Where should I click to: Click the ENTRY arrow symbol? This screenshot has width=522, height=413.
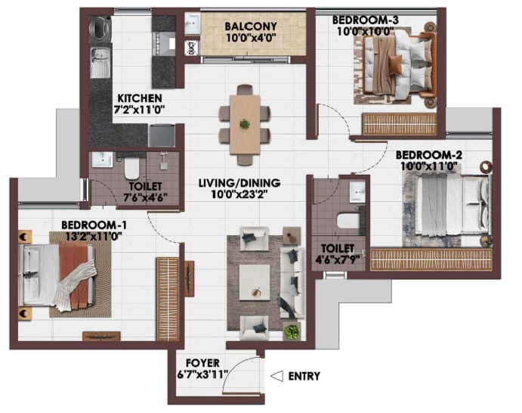click(277, 376)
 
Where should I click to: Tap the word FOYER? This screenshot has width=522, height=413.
click(202, 363)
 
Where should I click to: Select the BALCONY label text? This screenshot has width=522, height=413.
click(251, 26)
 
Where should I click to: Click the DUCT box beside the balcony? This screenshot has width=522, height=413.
click(192, 48)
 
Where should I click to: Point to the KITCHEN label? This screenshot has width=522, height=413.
click(140, 98)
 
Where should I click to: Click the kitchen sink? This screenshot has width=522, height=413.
click(100, 62)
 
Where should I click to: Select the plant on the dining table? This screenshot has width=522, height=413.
click(245, 124)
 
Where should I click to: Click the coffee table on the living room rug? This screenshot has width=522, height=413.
click(255, 282)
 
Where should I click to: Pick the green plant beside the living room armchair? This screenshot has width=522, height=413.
click(292, 331)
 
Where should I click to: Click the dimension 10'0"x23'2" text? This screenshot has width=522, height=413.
click(239, 194)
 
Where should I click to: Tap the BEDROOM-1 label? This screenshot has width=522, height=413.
click(94, 225)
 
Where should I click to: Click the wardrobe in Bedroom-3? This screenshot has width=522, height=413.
click(400, 124)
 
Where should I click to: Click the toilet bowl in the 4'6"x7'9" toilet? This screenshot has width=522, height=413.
click(348, 220)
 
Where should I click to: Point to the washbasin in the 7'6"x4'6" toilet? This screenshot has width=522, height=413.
click(102, 159)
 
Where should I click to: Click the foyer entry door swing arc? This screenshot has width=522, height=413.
click(239, 366)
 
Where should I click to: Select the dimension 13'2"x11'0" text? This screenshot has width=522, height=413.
click(94, 236)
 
